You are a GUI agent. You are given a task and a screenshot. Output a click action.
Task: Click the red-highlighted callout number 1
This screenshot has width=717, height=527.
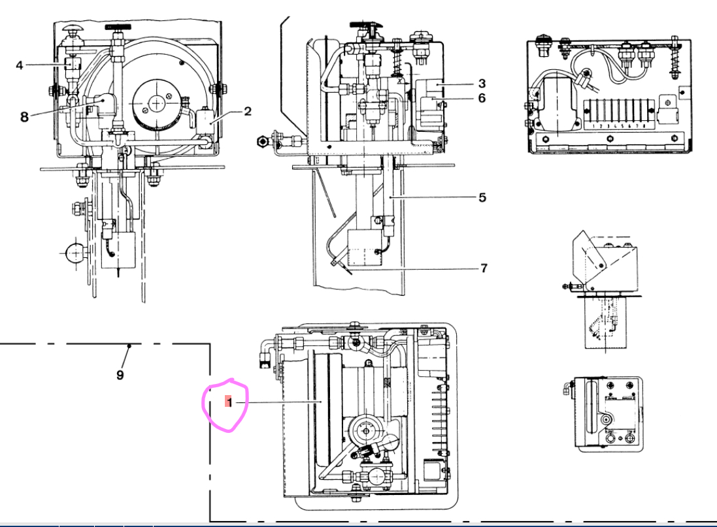click(228, 402)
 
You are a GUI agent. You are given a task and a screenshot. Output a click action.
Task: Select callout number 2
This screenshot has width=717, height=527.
click(248, 112)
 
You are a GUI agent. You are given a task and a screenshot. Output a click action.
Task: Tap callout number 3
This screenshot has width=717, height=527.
click(482, 84)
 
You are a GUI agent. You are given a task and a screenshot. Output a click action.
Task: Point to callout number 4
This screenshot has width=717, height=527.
click(20, 65)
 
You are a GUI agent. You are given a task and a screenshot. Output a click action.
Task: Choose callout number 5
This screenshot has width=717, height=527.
click(482, 197)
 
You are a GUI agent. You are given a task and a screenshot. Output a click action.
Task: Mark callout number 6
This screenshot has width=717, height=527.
click(482, 98)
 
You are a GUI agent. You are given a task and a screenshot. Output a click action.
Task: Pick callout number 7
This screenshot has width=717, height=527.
click(483, 268)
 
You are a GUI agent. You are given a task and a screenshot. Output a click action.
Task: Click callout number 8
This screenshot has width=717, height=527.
click(24, 118)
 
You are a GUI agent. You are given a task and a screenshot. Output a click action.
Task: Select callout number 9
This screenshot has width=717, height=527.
click(120, 375)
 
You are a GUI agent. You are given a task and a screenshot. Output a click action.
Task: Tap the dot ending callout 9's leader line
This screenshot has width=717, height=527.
click(129, 345)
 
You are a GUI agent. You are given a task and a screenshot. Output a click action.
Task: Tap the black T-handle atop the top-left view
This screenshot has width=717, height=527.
click(117, 28)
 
